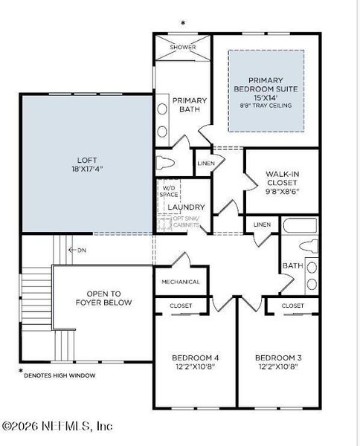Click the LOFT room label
[88, 160]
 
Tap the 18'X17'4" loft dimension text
[88, 169]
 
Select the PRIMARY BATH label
[190, 106]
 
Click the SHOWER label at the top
[183, 47]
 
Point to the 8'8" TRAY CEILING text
[266, 106]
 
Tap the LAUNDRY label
[186, 207]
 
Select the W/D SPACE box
[170, 192]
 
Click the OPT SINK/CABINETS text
[187, 222]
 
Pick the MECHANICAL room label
[181, 282]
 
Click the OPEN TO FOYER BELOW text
[103, 297]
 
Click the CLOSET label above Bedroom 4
[181, 306]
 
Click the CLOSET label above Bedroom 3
[293, 306]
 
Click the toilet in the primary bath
[167, 162]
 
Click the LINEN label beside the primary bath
[206, 163]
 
